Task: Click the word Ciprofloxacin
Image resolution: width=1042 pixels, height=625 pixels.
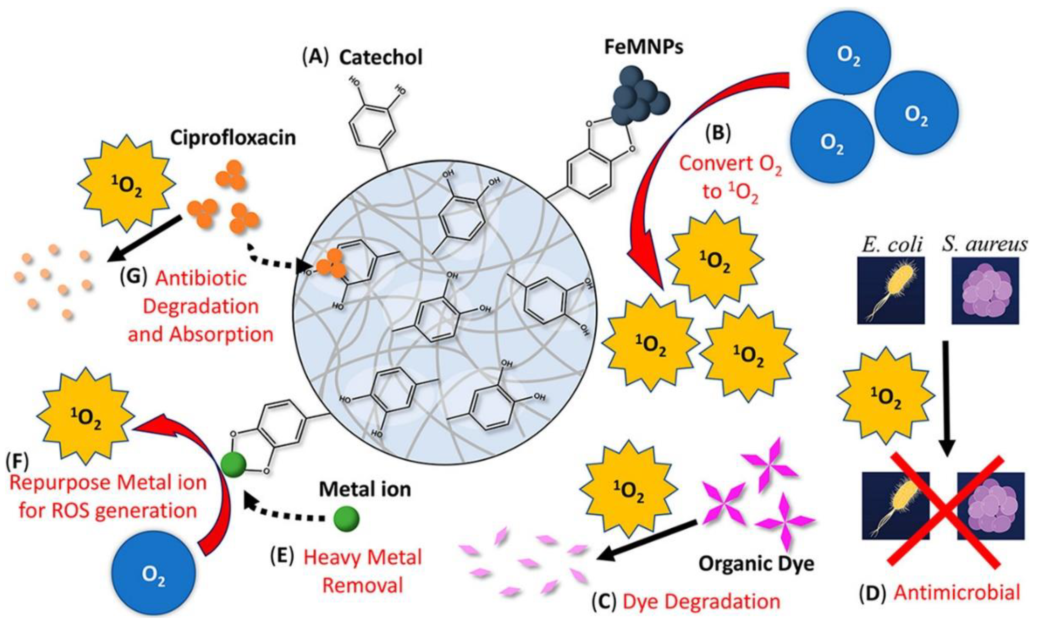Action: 233,138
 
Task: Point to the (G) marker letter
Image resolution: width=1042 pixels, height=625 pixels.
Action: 134,278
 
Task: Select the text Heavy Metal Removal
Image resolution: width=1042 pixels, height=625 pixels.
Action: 363,571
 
